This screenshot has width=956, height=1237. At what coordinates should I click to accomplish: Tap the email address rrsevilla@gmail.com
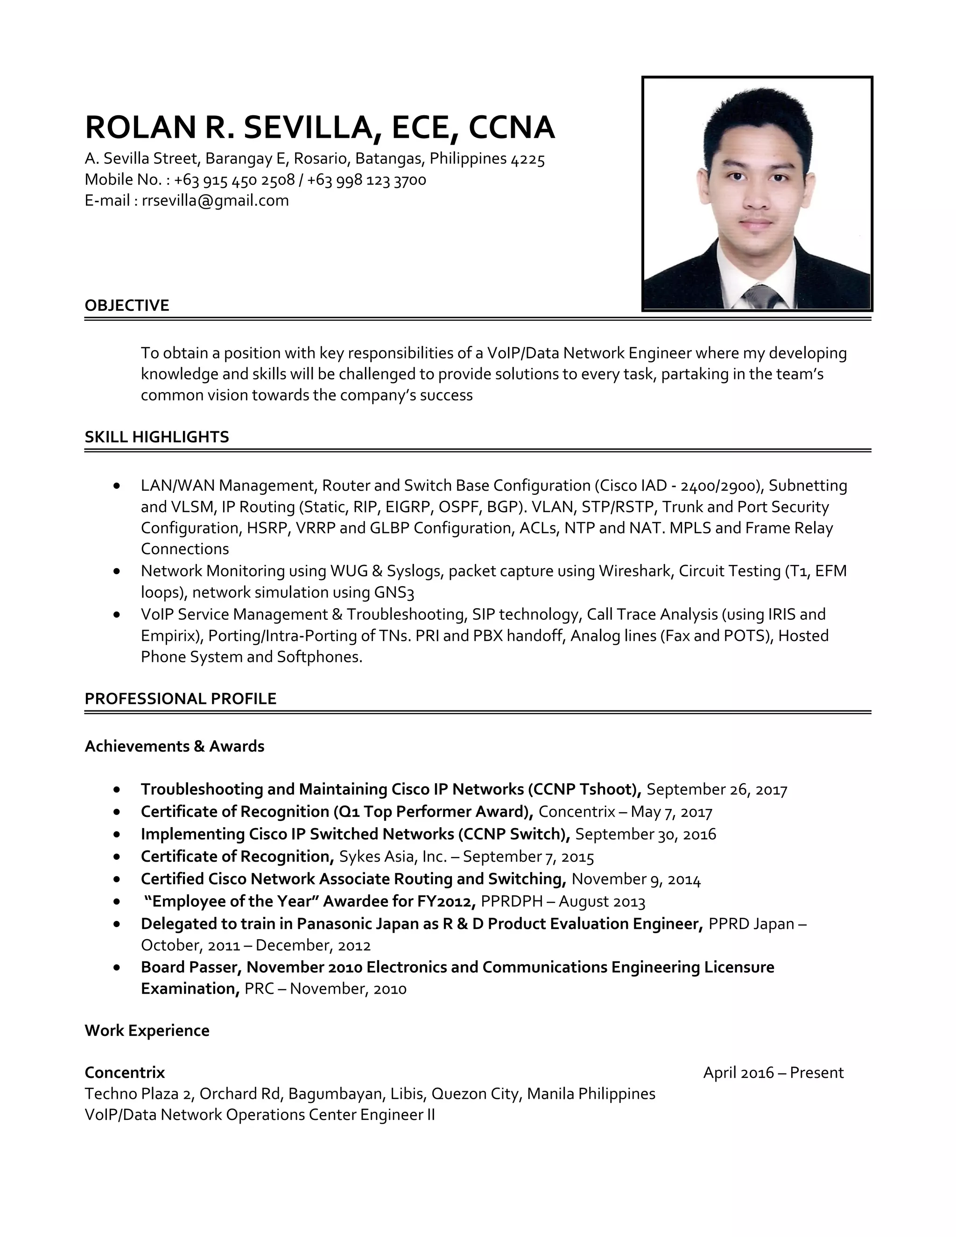click(215, 201)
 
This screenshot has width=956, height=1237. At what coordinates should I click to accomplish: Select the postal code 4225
click(528, 159)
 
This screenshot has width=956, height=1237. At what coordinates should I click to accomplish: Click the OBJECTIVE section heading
click(127, 305)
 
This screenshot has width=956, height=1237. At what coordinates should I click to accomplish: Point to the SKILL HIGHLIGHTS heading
click(157, 437)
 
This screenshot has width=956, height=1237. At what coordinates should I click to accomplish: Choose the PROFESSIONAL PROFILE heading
click(181, 698)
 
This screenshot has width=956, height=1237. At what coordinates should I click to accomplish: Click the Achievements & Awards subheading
click(175, 746)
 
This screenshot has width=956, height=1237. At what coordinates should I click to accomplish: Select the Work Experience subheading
click(147, 1030)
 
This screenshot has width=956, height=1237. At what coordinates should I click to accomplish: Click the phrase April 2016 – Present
click(773, 1073)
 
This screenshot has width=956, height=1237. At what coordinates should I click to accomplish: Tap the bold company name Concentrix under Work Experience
click(125, 1073)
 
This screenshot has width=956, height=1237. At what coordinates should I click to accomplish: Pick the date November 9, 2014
click(636, 879)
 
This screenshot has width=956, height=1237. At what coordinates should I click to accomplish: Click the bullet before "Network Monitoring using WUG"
click(117, 571)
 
